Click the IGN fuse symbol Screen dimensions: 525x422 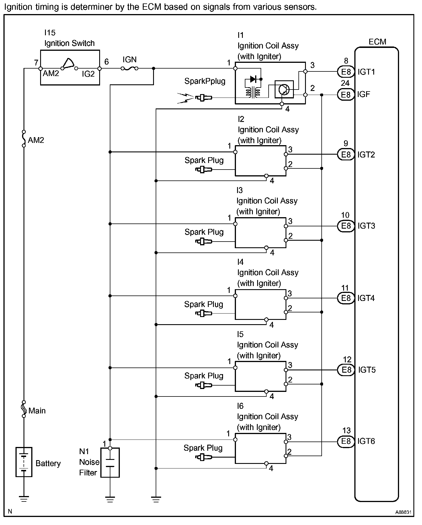tap(130, 68)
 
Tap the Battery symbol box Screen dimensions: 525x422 tap(24, 462)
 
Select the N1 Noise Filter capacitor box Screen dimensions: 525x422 tap(110, 462)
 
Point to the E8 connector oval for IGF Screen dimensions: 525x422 tap(346, 94)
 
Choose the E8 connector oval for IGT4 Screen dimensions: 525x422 tap(346, 298)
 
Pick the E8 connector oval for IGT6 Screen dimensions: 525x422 tap(346, 441)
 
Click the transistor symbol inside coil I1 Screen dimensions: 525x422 tap(284, 89)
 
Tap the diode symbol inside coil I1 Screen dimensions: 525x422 tap(253, 79)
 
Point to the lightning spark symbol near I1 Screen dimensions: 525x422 tap(185, 98)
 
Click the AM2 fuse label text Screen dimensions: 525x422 tap(36, 140)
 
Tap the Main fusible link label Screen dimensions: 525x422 tap(37, 411)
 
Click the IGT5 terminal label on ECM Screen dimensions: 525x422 tap(367, 370)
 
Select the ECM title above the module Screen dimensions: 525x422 tap(377, 42)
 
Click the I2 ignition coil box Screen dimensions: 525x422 tap(260, 161)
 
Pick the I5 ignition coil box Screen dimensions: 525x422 tap(260, 376)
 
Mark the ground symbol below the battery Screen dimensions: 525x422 tap(24, 499)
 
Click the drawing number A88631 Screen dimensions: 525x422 tap(403, 512)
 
